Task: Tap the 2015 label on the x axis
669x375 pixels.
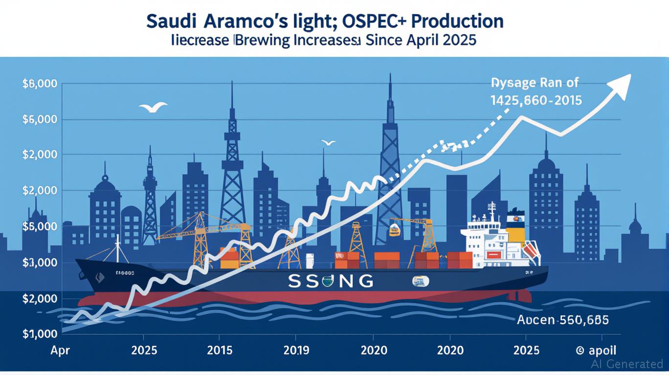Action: pos(220,351)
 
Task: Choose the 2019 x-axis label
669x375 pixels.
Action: pos(296,351)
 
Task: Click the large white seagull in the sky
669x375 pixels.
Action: pos(153,107)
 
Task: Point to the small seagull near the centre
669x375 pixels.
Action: pos(329,143)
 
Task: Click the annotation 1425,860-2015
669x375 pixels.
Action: pos(536,101)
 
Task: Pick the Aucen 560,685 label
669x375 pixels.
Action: pos(562,320)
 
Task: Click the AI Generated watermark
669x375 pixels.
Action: pos(627,364)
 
